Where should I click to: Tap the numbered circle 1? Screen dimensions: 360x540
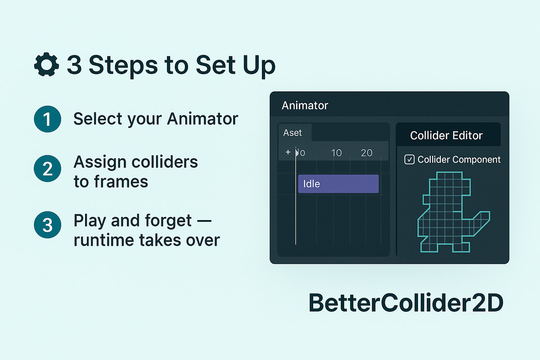tap(47, 120)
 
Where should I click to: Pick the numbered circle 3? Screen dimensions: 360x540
tap(47, 225)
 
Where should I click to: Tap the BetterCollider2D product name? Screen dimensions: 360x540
tap(405, 303)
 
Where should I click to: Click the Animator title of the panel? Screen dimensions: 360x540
tap(305, 106)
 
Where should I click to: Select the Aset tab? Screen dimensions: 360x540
tap(292, 133)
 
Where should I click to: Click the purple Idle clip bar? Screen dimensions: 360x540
tap(338, 184)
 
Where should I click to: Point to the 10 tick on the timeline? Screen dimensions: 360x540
tap(337, 153)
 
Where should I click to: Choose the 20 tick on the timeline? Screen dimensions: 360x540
tap(367, 153)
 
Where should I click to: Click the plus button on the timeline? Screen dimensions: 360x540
tap(288, 153)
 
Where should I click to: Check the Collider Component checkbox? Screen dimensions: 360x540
tap(409, 160)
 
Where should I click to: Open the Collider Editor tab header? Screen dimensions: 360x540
tap(446, 135)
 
